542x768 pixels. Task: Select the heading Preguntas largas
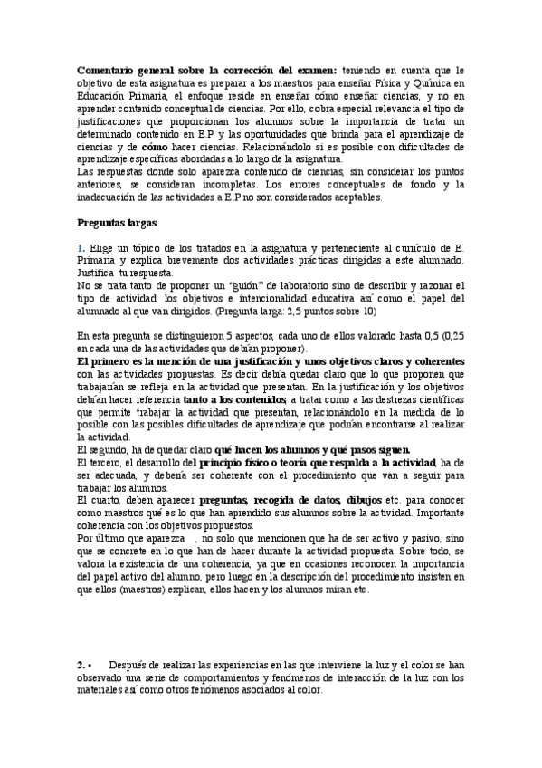pyautogui.click(x=118, y=221)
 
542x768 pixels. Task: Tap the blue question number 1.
pyautogui.click(x=81, y=247)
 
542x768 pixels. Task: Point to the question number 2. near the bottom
pyautogui.click(x=81, y=664)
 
